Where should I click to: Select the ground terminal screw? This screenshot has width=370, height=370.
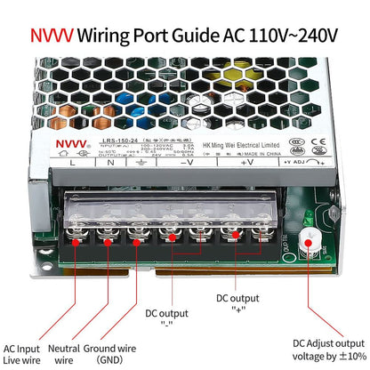136,237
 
